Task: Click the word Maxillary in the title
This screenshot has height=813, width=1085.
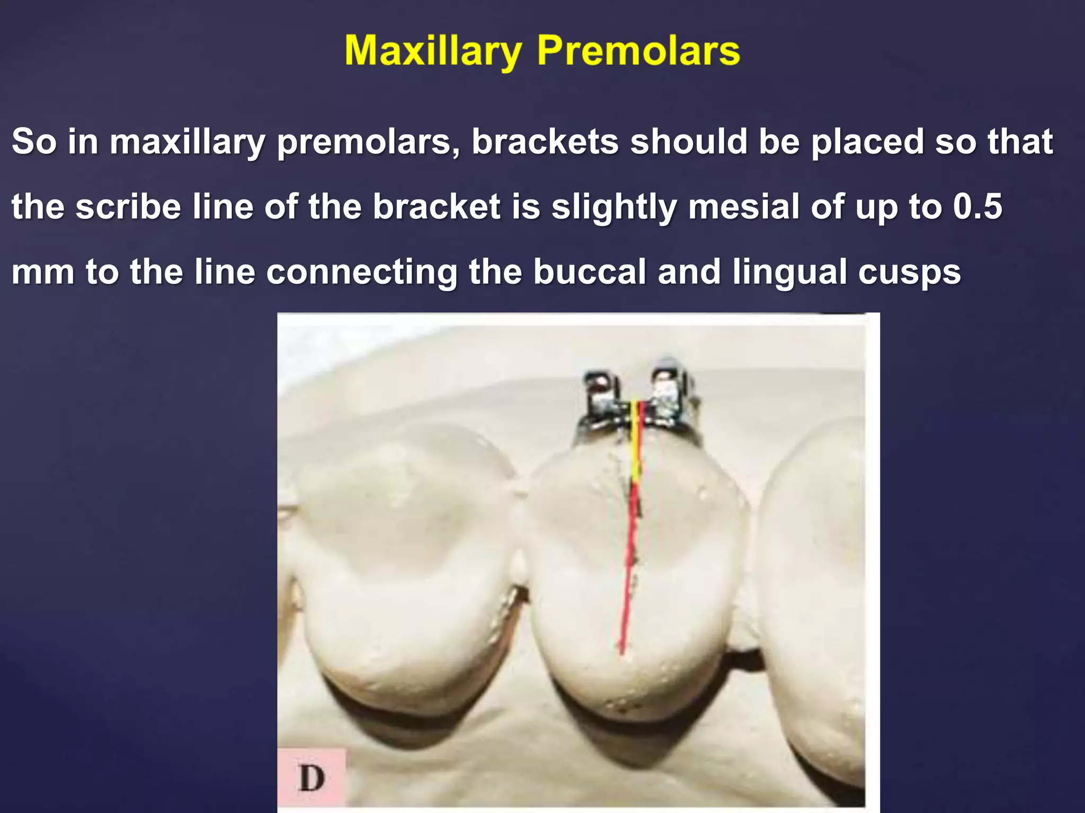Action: [x=433, y=51]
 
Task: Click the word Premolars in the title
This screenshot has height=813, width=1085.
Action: [x=638, y=51]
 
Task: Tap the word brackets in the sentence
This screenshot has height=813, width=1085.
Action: [x=545, y=142]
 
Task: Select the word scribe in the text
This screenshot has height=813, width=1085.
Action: [x=129, y=206]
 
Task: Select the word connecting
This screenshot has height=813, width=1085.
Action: [x=361, y=272]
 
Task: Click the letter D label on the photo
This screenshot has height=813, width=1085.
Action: [x=312, y=778]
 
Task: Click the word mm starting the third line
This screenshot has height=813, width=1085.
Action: [x=42, y=272]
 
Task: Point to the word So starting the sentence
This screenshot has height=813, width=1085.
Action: [x=34, y=142]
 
